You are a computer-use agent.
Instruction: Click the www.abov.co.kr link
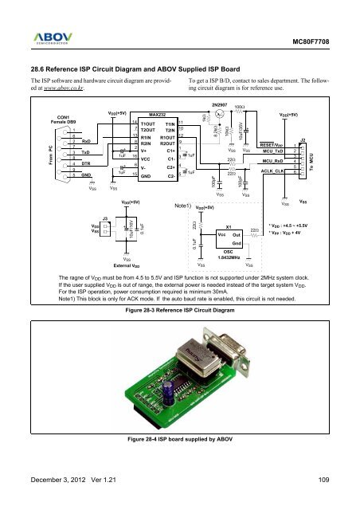click(x=62, y=92)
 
